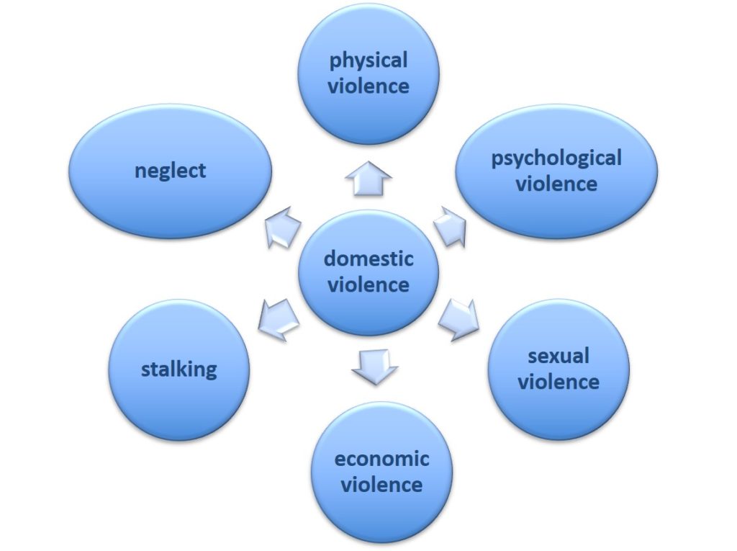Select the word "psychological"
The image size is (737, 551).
(x=556, y=159)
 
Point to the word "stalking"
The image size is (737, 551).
(x=179, y=369)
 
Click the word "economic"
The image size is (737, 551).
(x=381, y=459)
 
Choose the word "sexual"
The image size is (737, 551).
(x=559, y=356)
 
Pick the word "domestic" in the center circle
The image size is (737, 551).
(x=368, y=259)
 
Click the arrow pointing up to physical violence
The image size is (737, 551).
(x=368, y=179)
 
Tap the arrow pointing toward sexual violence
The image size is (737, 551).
(x=458, y=318)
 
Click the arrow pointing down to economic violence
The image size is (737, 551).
(x=374, y=367)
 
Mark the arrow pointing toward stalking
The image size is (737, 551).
(x=279, y=318)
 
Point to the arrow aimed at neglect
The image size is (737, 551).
(x=282, y=226)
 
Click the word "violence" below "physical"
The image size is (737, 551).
(x=368, y=86)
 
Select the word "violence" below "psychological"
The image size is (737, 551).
(x=556, y=184)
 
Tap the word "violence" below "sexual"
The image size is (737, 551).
(x=559, y=382)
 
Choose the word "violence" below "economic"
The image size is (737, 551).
(x=381, y=484)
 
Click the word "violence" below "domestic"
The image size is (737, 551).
(x=368, y=285)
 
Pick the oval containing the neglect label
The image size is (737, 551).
(x=170, y=171)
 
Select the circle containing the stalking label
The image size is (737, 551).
(x=179, y=369)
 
